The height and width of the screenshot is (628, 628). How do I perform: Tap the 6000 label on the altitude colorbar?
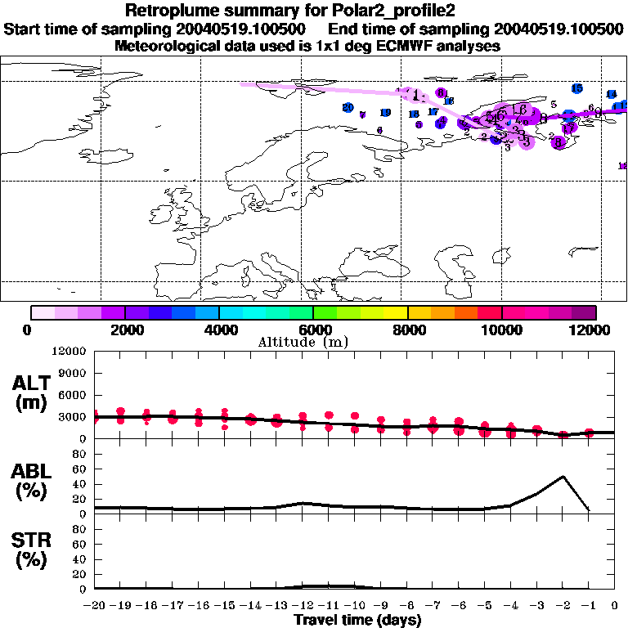[313, 330]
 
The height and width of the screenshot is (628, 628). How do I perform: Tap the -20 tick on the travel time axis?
[94, 606]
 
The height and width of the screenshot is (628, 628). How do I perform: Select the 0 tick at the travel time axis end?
[615, 606]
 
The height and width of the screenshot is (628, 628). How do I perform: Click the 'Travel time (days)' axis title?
[357, 621]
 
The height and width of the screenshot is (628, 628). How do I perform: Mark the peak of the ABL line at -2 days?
[563, 476]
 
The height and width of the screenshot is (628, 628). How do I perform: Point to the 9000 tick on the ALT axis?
[74, 373]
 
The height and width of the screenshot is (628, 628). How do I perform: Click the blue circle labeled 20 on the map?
[348, 107]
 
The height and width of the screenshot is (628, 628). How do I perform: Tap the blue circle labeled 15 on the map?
[576, 88]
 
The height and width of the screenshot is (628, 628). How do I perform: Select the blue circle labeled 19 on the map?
[385, 113]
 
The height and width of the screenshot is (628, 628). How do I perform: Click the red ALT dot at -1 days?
[589, 433]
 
